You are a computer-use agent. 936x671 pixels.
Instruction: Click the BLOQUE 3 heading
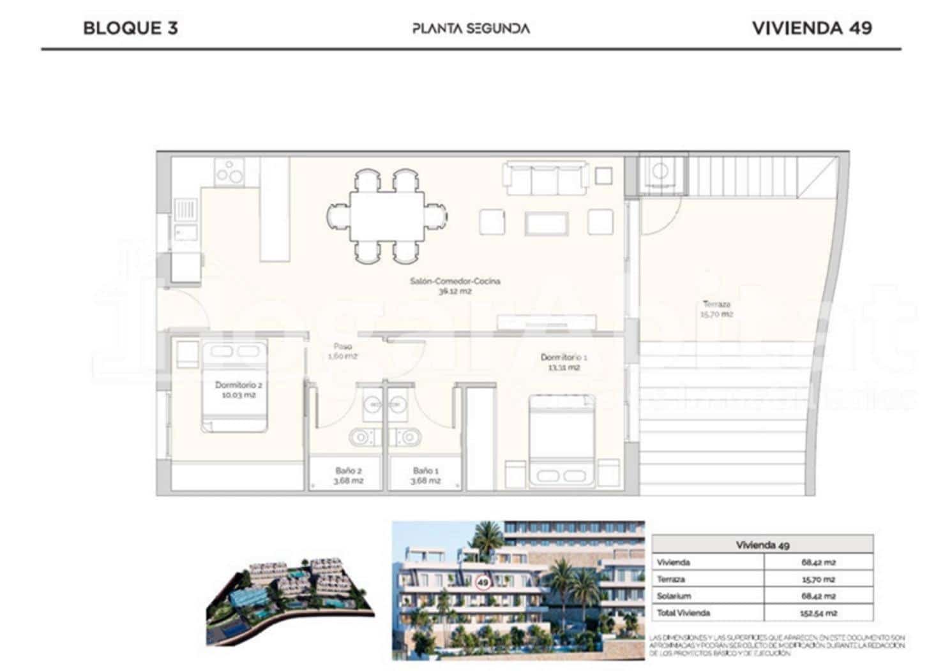click(x=130, y=28)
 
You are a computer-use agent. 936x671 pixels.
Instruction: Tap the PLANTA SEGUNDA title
click(x=471, y=29)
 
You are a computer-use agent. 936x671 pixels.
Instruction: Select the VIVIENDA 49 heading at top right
click(x=811, y=28)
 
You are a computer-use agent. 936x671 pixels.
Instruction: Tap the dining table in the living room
click(x=386, y=216)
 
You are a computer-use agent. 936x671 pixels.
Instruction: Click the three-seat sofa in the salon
click(x=546, y=178)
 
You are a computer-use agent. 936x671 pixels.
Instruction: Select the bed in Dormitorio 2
click(x=234, y=386)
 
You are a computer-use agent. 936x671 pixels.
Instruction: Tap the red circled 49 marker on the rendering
click(x=483, y=582)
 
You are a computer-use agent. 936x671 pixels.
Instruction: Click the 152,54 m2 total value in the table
click(x=819, y=613)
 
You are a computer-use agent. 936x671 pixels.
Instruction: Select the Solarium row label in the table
click(x=674, y=596)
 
